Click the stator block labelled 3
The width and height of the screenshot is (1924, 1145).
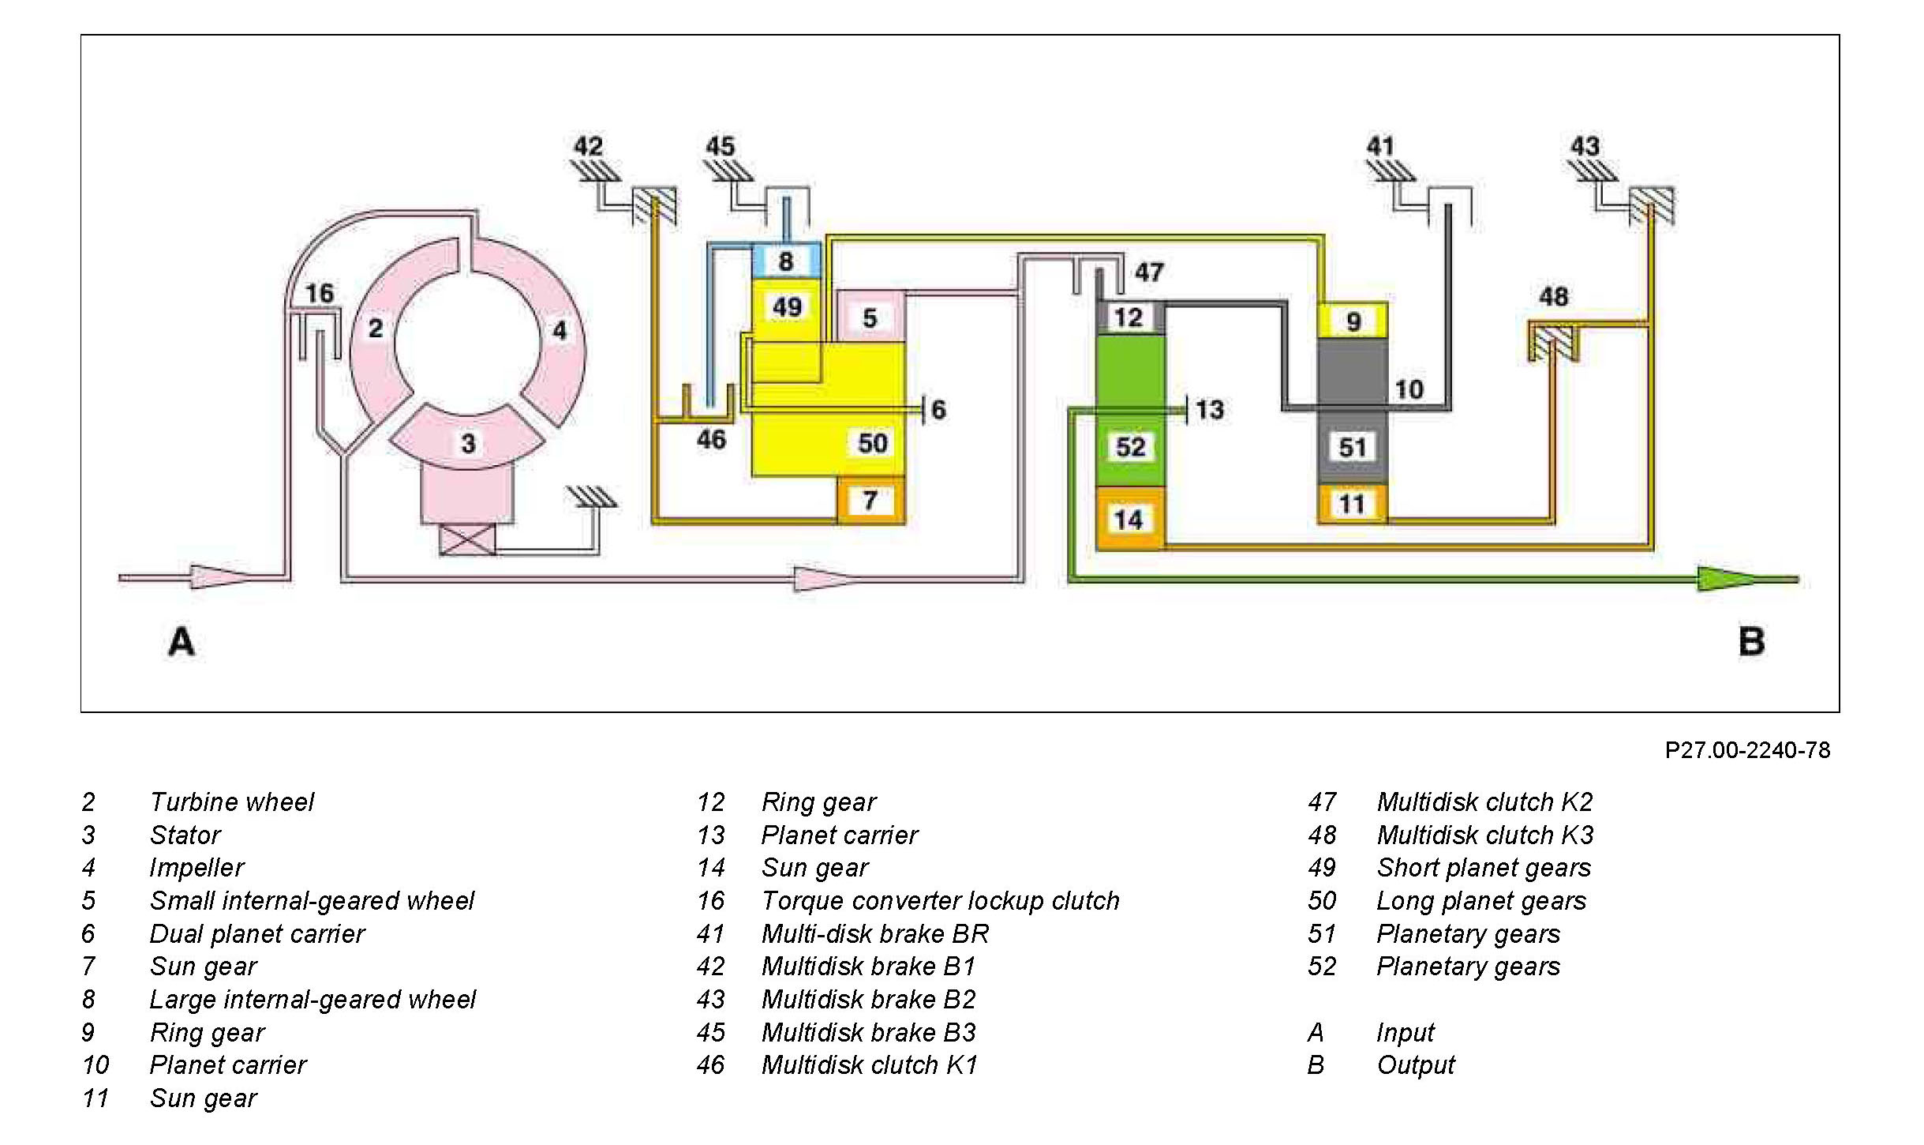click(x=468, y=442)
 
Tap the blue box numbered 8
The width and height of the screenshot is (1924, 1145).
click(x=786, y=261)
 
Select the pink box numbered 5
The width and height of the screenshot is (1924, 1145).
click(x=870, y=317)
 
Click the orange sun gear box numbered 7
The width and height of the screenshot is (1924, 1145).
click(x=870, y=500)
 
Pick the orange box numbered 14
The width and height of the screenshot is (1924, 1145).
click(x=1129, y=519)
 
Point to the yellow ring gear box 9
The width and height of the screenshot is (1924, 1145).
click(x=1353, y=321)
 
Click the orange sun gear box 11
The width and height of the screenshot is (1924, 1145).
click(x=1352, y=504)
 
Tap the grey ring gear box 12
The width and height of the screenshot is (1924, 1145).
click(x=1129, y=317)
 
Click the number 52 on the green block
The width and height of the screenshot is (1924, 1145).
click(x=1130, y=447)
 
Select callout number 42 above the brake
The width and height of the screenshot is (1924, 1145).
click(x=588, y=146)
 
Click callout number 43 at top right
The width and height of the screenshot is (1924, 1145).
click(x=1585, y=146)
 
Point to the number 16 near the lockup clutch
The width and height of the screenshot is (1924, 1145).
click(x=320, y=293)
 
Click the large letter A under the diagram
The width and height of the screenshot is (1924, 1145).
click(x=181, y=641)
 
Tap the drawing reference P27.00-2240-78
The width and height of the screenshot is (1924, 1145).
click(x=1747, y=749)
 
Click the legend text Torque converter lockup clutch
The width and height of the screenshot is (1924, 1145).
click(x=940, y=900)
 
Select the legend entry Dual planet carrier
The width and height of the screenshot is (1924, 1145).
click(x=257, y=933)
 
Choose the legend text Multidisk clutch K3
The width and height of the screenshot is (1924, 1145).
click(x=1484, y=835)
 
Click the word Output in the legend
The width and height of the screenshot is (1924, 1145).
click(x=1415, y=1064)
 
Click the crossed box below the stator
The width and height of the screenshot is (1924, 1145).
click(x=467, y=539)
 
